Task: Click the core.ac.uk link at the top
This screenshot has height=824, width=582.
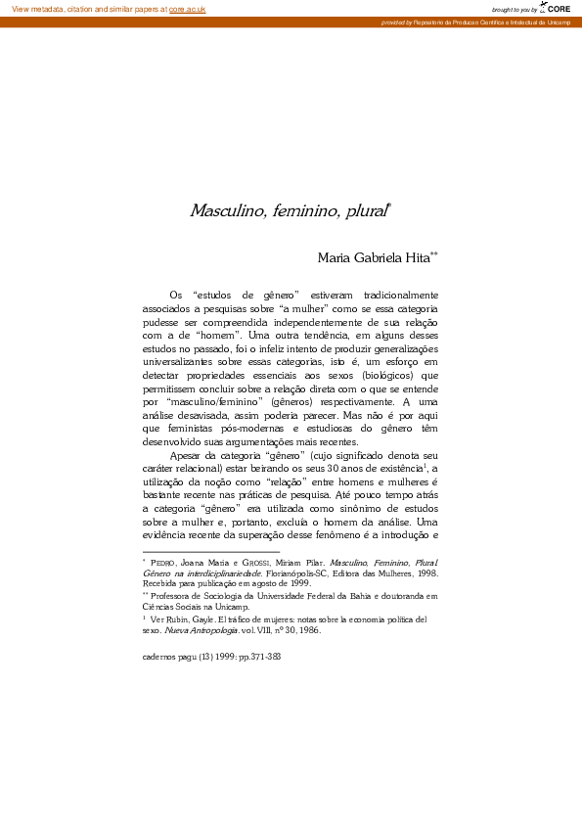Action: tap(187, 9)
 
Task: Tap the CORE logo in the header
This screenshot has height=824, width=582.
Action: tap(557, 8)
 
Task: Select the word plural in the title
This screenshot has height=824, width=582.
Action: tap(364, 210)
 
